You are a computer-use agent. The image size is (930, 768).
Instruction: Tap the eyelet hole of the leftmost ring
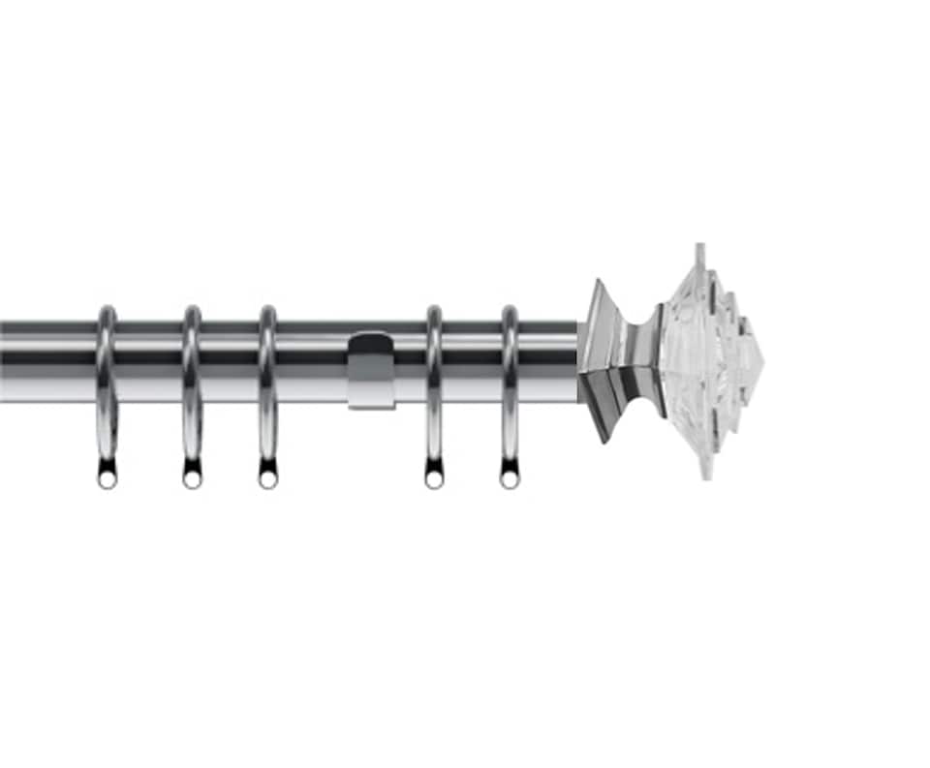(107, 478)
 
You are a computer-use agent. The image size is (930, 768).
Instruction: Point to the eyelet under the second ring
(192, 478)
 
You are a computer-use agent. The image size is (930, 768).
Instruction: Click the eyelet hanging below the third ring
(267, 478)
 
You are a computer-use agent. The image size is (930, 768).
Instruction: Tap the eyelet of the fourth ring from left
(433, 478)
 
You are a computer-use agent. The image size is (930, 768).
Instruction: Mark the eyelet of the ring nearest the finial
(509, 478)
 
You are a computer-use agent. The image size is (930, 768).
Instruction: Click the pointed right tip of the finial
(760, 362)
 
